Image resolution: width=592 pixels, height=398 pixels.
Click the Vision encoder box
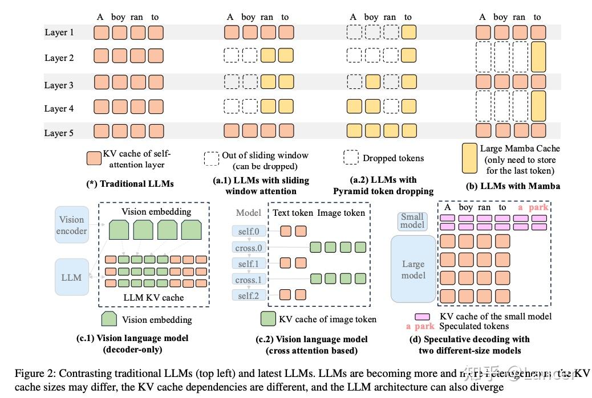tap(72, 225)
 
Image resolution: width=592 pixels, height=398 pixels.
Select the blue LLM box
tap(72, 277)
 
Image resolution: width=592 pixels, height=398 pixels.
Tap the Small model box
tap(412, 220)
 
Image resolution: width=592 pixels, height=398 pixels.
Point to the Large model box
tap(413, 269)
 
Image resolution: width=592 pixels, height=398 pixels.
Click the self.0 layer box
tap(249, 231)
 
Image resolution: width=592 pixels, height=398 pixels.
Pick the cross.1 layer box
tap(249, 280)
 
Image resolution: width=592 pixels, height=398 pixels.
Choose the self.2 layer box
tap(249, 296)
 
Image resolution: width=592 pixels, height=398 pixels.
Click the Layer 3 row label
tap(59, 85)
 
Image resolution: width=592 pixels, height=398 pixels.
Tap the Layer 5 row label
tap(59, 133)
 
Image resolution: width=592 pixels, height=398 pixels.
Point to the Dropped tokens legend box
tap(351, 158)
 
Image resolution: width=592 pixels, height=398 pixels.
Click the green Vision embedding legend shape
tap(110, 319)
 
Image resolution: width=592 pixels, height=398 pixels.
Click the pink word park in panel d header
tap(538, 207)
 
